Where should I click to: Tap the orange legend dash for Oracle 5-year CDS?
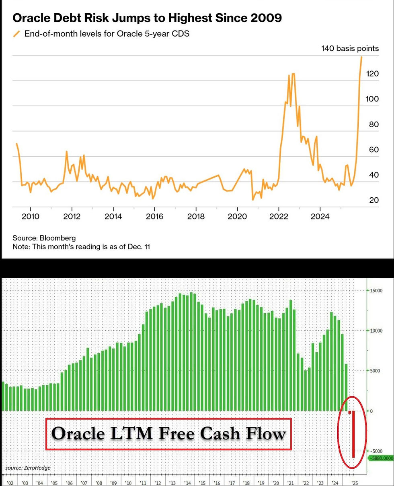[16, 34]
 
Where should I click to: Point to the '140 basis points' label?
[350, 48]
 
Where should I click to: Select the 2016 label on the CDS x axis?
[154, 216]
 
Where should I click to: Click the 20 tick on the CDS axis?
[373, 200]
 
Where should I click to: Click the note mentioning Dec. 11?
[81, 246]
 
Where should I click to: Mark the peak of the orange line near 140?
[361, 57]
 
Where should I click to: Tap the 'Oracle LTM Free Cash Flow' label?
[168, 434]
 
